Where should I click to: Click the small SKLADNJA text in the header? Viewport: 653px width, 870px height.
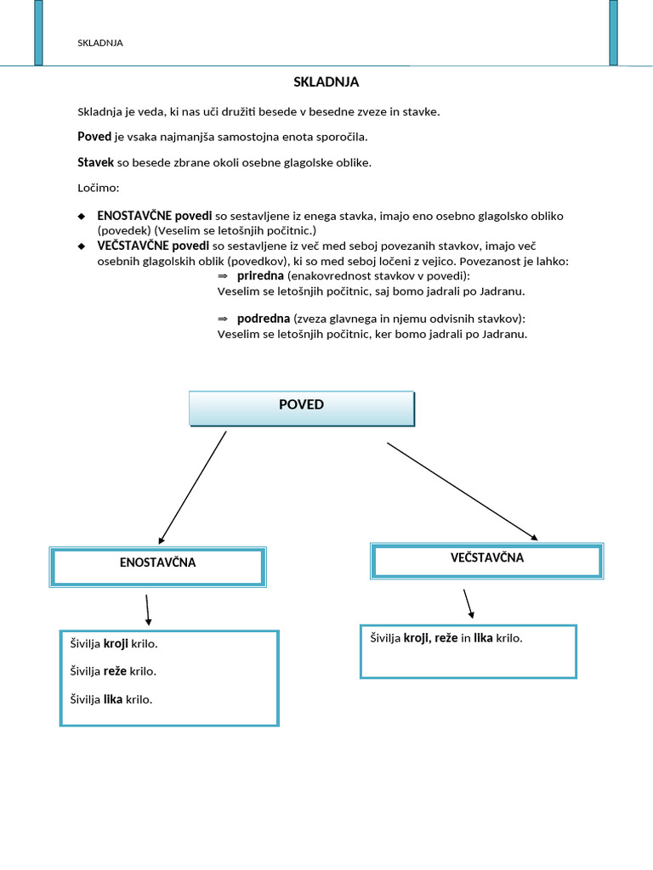99,43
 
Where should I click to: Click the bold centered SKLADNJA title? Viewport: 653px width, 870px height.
326,82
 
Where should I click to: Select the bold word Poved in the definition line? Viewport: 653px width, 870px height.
94,137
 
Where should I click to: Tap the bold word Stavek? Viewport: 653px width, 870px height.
96,162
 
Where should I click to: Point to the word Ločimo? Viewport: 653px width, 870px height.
99,187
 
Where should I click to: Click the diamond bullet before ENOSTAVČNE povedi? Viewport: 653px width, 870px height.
82,217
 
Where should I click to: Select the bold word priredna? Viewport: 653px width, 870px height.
260,277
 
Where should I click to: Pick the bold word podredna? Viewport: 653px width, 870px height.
264,319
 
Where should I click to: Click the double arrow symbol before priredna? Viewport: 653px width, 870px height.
223,277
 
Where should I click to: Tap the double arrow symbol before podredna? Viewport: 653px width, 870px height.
223,319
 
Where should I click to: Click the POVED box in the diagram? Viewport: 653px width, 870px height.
301,408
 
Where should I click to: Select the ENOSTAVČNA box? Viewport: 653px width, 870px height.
158,566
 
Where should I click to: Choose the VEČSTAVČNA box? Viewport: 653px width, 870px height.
487,561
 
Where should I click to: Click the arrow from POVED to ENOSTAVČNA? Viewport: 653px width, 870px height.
193,486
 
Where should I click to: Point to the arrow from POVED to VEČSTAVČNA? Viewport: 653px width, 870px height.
463,490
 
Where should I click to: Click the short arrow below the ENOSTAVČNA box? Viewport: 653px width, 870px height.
148,609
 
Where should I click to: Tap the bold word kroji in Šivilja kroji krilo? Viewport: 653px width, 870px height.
116,644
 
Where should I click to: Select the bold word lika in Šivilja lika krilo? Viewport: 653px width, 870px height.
113,700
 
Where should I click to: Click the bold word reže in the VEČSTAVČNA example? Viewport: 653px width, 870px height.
446,638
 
